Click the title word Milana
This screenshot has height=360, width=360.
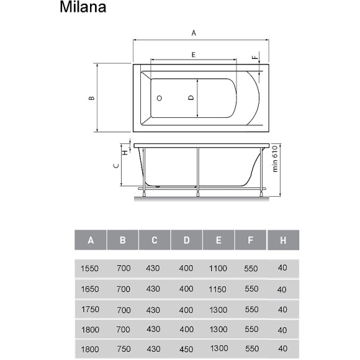pyautogui.click(x=83, y=8)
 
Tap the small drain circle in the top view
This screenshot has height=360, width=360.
pyautogui.click(x=159, y=98)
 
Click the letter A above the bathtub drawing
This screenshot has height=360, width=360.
pyautogui.click(x=194, y=33)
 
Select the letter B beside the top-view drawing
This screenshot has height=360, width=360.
pyautogui.click(x=91, y=97)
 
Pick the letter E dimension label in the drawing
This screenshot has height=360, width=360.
pyautogui.click(x=193, y=55)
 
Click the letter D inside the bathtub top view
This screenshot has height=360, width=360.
pyautogui.click(x=191, y=98)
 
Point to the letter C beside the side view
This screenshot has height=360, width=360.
pyautogui.click(x=115, y=166)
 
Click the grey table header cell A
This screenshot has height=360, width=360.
pyautogui.click(x=91, y=240)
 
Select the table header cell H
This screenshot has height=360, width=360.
pyautogui.click(x=282, y=240)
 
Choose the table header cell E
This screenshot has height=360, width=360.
pyautogui.click(x=218, y=240)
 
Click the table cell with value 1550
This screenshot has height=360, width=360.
pyautogui.click(x=91, y=268)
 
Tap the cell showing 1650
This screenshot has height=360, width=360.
pyautogui.click(x=91, y=289)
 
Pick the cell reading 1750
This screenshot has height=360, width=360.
pyautogui.click(x=91, y=310)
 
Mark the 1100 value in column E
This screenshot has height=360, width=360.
pyautogui.click(x=218, y=268)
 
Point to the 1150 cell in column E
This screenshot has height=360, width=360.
pyautogui.click(x=218, y=289)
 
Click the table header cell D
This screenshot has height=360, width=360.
pyautogui.click(x=186, y=240)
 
